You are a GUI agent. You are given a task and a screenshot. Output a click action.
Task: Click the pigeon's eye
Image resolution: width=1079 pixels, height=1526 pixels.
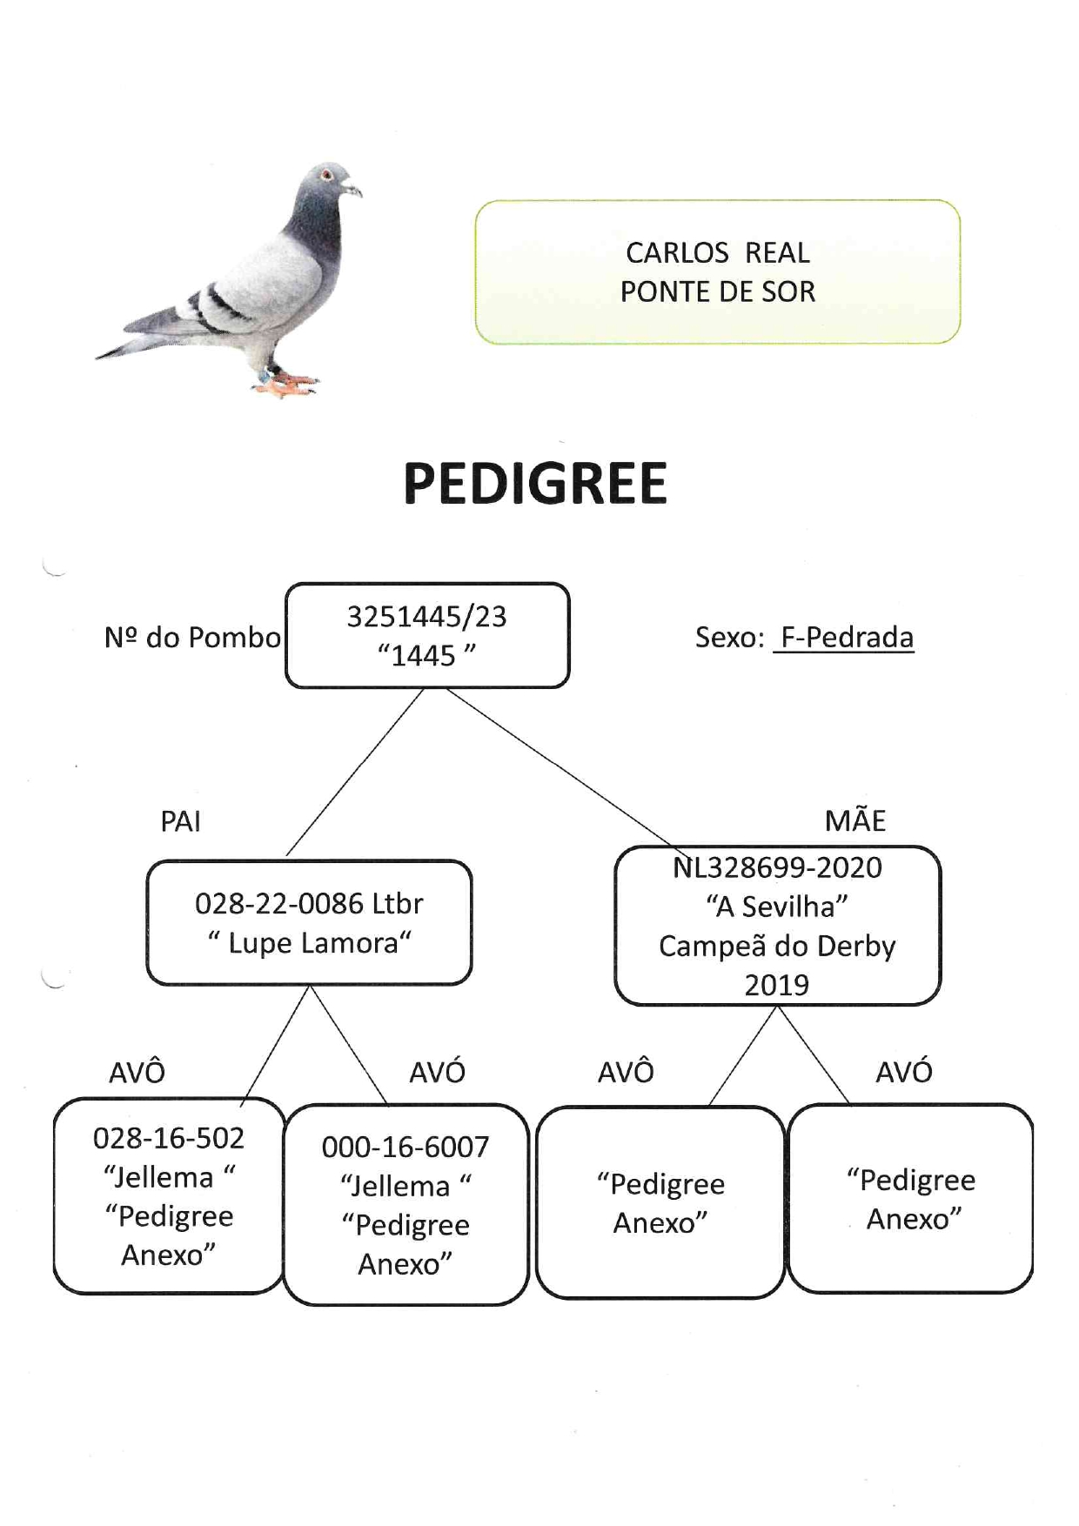(x=326, y=175)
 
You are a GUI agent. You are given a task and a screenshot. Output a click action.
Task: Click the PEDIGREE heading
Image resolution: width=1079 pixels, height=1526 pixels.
(x=535, y=484)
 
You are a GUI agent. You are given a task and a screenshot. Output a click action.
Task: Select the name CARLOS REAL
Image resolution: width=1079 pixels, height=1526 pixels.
(x=718, y=253)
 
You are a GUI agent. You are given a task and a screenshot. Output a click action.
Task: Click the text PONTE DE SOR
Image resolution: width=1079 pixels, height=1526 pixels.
(x=718, y=291)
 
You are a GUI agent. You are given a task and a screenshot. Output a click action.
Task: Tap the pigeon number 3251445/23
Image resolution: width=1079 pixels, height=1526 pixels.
(x=426, y=617)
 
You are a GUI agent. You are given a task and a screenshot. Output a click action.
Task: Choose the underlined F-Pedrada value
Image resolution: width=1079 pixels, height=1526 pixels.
(x=847, y=638)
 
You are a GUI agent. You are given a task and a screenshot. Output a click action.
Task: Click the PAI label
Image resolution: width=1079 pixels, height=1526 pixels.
(x=181, y=821)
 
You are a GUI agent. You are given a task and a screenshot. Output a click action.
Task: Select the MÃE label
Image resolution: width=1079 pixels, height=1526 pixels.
(x=855, y=820)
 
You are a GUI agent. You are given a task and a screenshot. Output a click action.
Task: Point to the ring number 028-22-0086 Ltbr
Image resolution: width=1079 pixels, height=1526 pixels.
(x=309, y=904)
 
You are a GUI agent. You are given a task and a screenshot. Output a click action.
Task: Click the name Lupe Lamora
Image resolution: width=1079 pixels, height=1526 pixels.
(x=313, y=943)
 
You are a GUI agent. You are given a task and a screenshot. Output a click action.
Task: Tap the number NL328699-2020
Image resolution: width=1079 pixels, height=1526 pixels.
(x=777, y=867)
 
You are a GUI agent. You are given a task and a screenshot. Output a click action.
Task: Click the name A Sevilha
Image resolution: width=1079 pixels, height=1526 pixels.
(x=776, y=907)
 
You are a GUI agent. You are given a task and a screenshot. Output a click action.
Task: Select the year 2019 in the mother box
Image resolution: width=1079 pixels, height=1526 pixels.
(x=776, y=985)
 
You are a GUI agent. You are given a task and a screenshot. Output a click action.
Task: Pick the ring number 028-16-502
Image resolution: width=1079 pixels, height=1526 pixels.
(x=169, y=1138)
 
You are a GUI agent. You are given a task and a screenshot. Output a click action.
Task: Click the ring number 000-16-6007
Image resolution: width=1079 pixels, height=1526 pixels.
(x=405, y=1148)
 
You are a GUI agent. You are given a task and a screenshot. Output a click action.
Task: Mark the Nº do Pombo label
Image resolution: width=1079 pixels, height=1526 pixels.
(x=192, y=638)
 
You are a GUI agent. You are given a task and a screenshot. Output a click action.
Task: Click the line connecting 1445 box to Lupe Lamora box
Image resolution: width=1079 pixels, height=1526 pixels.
(x=354, y=772)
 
